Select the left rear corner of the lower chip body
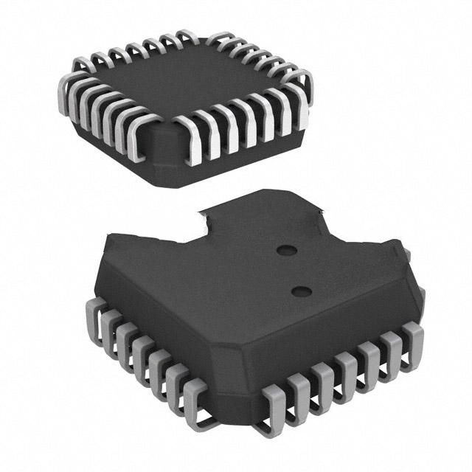[x=111, y=243]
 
